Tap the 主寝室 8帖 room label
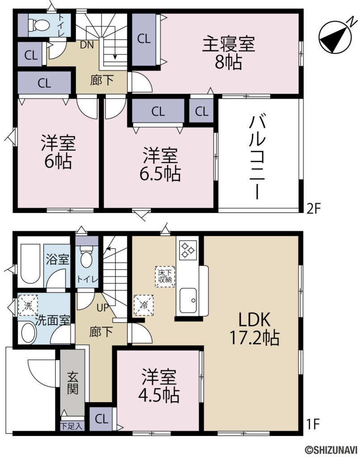tap(228, 53)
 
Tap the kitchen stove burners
tap(188, 250)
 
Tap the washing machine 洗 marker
tap(28, 306)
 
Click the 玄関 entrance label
tap(73, 382)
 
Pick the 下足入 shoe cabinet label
tap(72, 426)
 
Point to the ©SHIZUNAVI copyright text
tap(330, 450)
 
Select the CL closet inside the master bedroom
tap(143, 38)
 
